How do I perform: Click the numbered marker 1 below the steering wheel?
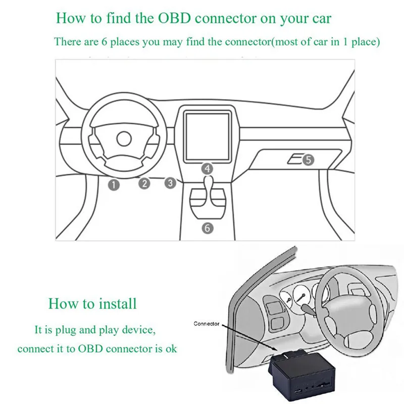tap(114, 185)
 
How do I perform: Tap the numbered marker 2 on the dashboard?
tap(145, 183)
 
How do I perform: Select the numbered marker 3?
tap(171, 183)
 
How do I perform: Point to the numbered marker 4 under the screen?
tap(207, 168)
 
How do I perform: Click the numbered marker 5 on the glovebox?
tap(309, 160)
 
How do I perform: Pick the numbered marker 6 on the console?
tap(208, 228)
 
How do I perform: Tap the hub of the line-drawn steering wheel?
tap(122, 138)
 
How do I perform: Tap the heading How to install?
tap(92, 304)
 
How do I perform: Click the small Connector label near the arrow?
tap(207, 324)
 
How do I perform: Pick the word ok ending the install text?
tap(171, 348)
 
